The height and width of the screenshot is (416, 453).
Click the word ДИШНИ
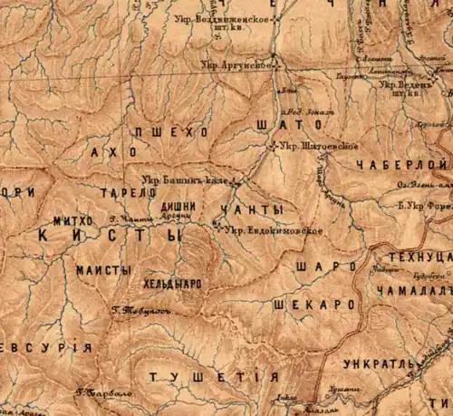[178, 207]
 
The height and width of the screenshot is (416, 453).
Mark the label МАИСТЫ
[102, 269]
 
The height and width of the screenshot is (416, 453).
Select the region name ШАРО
[313, 266]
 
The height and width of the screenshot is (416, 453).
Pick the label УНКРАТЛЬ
[379, 363]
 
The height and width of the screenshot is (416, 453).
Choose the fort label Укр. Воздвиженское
[232, 22]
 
